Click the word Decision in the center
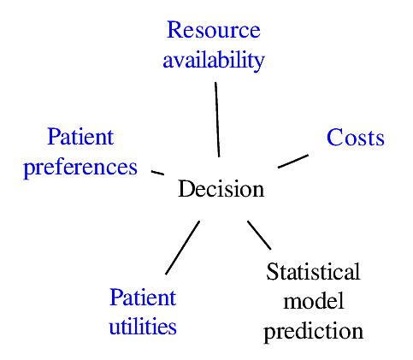coord(221,189)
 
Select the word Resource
coord(214,30)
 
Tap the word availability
coord(214,61)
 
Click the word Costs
coord(356,138)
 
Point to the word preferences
coord(80,168)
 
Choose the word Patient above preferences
coord(80,137)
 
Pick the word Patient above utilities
coord(143,297)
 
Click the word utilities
coord(143,326)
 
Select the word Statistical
coord(313,271)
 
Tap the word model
coord(314,301)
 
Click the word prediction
coord(314,332)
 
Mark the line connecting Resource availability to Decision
coord(217,120)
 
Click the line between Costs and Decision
coord(293,162)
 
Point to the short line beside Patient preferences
coord(157,173)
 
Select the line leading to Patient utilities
coord(182,248)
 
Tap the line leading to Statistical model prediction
coord(259,235)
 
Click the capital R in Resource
coord(174,30)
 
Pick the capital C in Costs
coord(334,138)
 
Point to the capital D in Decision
coord(186,188)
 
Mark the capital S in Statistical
coord(272,271)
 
